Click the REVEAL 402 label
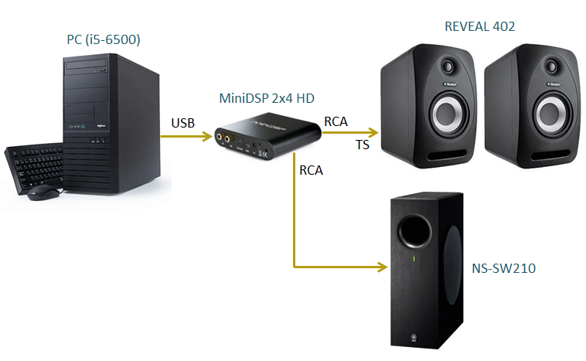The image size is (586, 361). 479,27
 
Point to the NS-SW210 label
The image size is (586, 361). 503,271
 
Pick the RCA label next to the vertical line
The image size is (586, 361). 311,170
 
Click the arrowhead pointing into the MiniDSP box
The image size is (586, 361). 207,138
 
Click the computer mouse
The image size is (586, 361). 42,193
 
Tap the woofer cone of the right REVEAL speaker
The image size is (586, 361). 549,115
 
